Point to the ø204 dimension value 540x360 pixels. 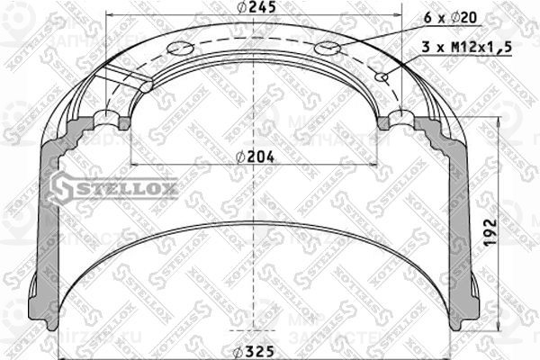(256, 156)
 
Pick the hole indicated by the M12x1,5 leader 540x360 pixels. (384, 77)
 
